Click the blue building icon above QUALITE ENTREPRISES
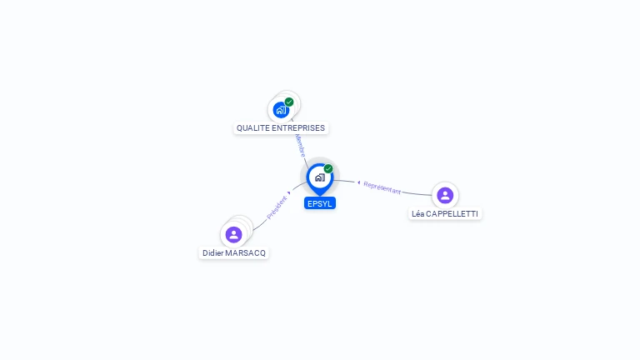coord(282,109)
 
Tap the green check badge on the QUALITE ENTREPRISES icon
coord(289,102)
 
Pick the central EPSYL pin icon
coord(319,177)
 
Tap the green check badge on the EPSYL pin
coord(328,168)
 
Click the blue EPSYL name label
coord(319,203)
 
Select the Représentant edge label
coord(382,187)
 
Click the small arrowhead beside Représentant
coord(358,182)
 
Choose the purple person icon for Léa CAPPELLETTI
coord(445,195)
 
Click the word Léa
coord(418,214)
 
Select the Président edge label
coord(277,207)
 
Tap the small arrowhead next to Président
coord(289,193)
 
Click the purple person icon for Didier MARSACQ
coord(233,234)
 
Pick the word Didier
coord(213,252)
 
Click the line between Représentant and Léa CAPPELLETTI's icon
coord(417,193)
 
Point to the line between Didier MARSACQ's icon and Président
coord(258,222)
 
